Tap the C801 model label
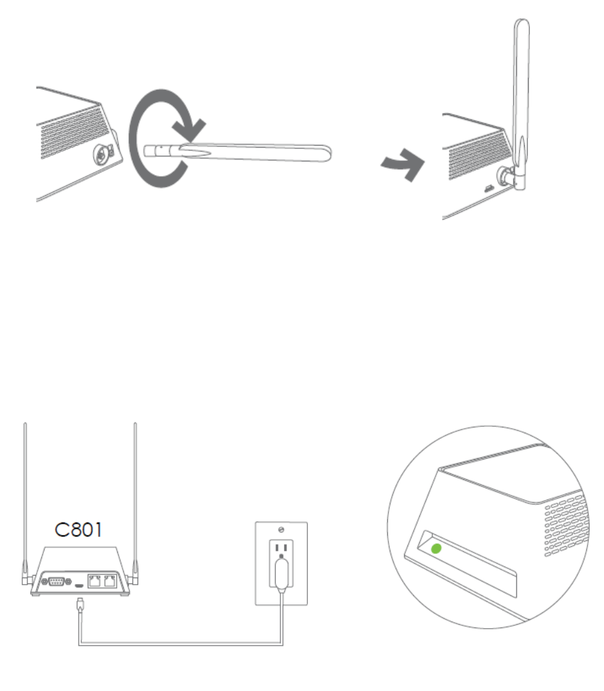pos(78,530)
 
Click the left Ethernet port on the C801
pos(95,581)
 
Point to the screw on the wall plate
pos(281,528)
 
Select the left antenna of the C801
pos(24,498)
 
